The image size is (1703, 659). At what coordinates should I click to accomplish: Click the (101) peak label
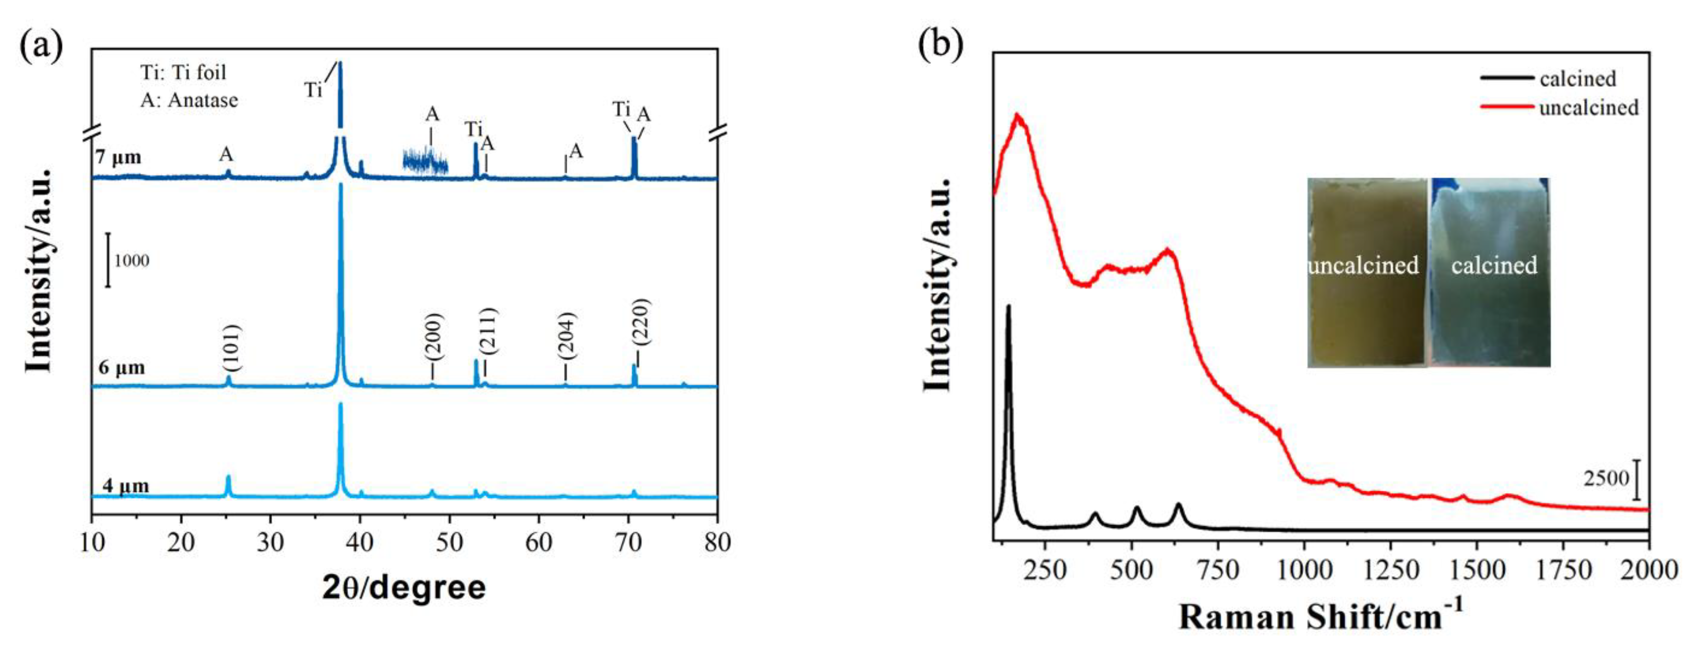tap(230, 348)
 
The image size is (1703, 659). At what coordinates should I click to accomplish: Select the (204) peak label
tap(566, 336)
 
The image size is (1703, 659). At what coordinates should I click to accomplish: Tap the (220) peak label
tap(640, 322)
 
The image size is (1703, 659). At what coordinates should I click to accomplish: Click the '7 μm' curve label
tap(118, 157)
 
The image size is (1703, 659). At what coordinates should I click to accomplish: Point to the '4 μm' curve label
tap(125, 486)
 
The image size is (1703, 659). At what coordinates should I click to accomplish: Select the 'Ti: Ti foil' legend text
tap(183, 72)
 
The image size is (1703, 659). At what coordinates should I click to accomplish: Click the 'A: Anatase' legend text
tap(189, 100)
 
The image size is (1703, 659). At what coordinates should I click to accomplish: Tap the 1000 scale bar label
tap(131, 260)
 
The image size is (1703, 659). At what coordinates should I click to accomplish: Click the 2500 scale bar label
tap(1606, 478)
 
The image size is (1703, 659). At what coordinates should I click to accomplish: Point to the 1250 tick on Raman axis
tap(1391, 570)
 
